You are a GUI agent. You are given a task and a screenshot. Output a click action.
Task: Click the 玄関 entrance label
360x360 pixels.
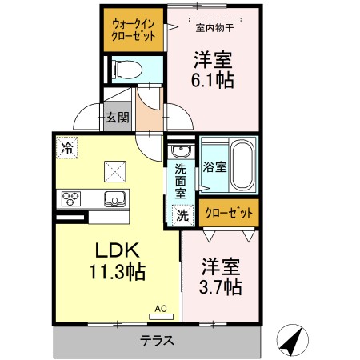click(x=116, y=117)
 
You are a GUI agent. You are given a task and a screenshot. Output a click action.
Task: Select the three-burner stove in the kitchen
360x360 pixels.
click(x=70, y=198)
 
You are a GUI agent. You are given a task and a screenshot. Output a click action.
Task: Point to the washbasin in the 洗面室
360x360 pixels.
click(x=178, y=151)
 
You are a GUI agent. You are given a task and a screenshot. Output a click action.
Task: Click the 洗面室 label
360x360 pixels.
click(x=181, y=181)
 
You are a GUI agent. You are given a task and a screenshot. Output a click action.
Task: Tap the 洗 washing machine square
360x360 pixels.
click(x=182, y=214)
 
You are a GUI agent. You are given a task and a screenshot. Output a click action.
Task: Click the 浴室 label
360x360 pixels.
click(x=214, y=168)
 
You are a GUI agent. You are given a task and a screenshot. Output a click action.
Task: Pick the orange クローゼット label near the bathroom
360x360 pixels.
click(x=230, y=214)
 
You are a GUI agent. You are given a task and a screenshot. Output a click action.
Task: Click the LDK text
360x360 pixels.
click(x=116, y=250)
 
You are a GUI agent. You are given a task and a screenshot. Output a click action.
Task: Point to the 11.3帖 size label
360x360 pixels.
click(x=116, y=272)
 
